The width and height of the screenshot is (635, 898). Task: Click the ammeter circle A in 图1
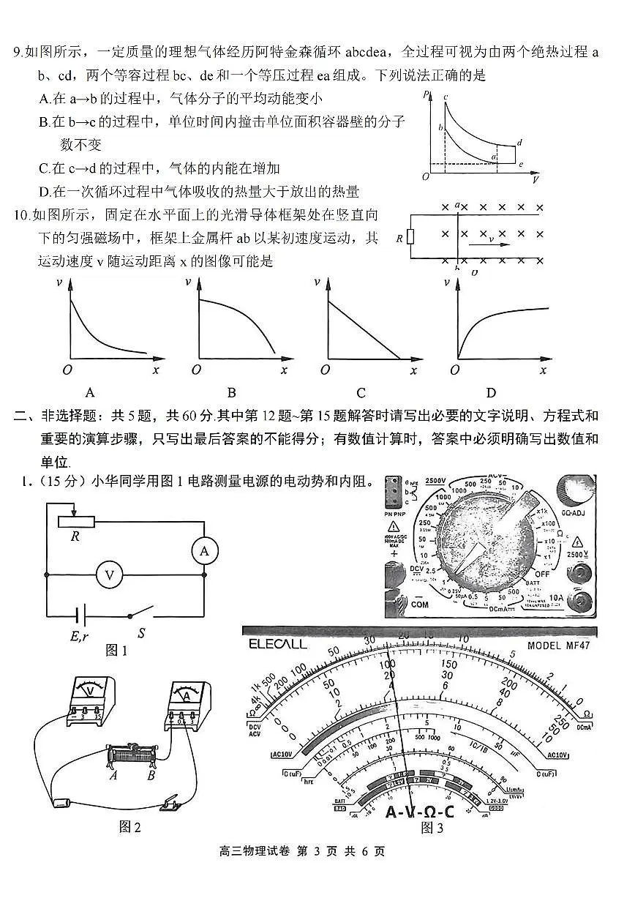(204, 551)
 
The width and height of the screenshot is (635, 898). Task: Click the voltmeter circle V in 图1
(110, 575)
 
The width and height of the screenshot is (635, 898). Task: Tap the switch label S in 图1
(141, 634)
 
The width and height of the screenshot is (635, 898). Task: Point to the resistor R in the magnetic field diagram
(409, 237)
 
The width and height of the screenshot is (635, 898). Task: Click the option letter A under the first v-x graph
(90, 392)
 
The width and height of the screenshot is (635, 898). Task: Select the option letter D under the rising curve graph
(491, 392)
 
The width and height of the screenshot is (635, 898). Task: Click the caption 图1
(117, 650)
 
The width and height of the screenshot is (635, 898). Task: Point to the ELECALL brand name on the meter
(277, 644)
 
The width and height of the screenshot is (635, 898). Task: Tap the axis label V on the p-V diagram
(536, 179)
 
